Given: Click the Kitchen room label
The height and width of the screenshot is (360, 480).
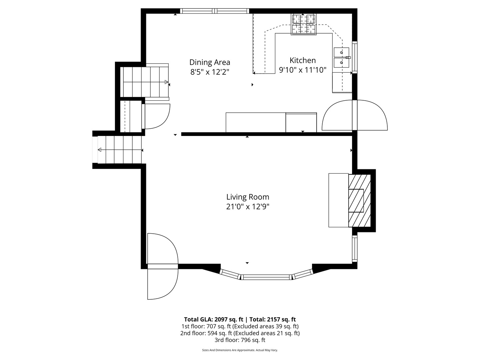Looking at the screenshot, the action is click(302, 60).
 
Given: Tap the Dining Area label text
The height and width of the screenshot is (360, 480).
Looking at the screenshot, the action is click(209, 63).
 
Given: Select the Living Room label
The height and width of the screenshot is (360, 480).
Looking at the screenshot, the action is click(248, 197).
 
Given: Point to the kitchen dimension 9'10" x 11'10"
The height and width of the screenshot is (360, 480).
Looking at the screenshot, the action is click(302, 70).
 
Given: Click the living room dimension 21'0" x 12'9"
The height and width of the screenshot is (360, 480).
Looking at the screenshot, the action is click(248, 207).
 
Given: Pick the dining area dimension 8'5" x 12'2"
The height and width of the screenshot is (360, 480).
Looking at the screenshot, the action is click(209, 72).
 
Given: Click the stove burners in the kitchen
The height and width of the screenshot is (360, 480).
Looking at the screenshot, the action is click(304, 24).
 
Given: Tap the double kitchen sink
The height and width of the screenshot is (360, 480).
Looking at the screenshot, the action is click(341, 58).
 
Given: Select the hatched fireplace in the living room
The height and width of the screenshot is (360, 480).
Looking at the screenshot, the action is click(360, 200).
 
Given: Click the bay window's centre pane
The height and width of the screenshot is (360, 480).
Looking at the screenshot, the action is click(266, 277).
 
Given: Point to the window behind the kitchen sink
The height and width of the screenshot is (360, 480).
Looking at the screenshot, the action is click(354, 57).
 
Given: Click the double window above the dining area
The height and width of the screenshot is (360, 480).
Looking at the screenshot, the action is click(215, 11).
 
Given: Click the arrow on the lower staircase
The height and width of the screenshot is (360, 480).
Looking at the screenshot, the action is click(120, 150).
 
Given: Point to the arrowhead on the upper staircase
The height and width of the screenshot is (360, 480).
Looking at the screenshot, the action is click(166, 82).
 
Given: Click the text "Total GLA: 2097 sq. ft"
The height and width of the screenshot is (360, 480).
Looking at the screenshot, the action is click(213, 319).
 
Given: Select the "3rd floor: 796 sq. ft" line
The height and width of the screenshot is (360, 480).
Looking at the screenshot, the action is click(240, 340).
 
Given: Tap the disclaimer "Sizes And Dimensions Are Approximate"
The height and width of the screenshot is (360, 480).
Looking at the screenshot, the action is click(228, 350).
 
